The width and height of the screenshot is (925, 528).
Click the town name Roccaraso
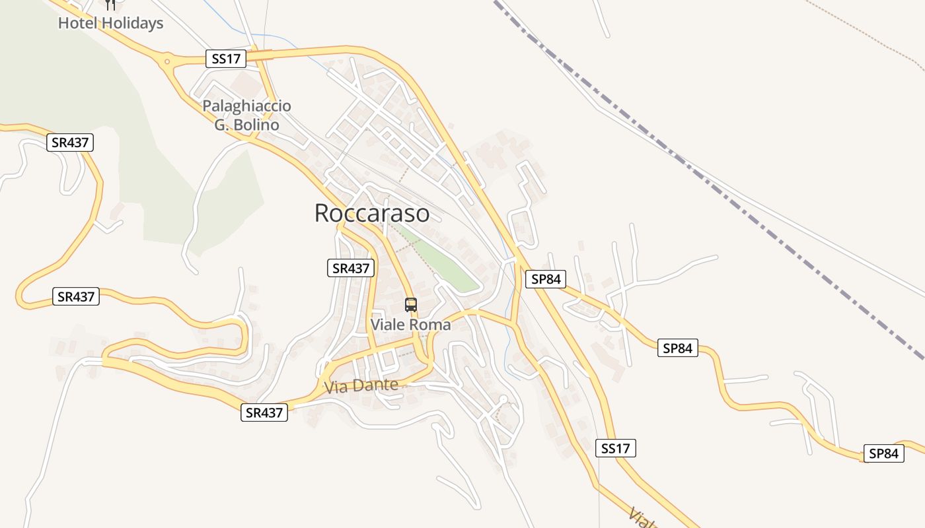pyautogui.click(x=371, y=213)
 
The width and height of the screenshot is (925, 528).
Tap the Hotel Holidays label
pyautogui.click(x=110, y=23)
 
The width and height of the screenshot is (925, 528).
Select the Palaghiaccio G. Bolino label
pyautogui.click(x=246, y=115)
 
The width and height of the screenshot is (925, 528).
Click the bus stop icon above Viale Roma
pyautogui.click(x=411, y=305)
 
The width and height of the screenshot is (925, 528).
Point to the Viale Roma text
pyautogui.click(x=410, y=325)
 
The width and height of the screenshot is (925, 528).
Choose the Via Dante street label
pyautogui.click(x=361, y=386)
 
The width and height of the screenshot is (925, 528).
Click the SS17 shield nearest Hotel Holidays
pyautogui.click(x=226, y=59)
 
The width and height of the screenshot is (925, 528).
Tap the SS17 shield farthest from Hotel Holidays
pyautogui.click(x=615, y=449)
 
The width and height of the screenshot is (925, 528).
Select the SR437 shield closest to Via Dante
pyautogui.click(x=264, y=413)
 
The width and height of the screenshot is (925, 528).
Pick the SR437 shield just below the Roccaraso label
pyautogui.click(x=351, y=268)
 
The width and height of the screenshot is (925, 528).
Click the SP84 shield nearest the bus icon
pyautogui.click(x=546, y=279)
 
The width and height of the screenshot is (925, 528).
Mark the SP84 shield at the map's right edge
pyautogui.click(x=884, y=453)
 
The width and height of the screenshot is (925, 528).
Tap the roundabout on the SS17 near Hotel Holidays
pyautogui.click(x=167, y=62)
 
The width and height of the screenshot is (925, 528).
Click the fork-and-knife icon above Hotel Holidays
pyautogui.click(x=110, y=4)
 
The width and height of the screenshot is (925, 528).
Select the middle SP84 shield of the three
pyautogui.click(x=677, y=348)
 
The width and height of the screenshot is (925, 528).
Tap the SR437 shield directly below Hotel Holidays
pyautogui.click(x=70, y=143)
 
